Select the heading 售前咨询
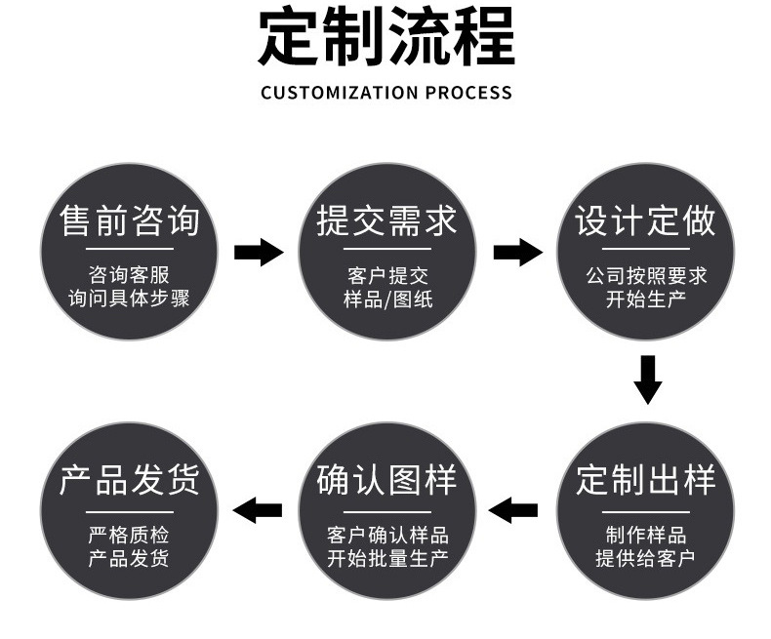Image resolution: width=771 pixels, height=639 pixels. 130,220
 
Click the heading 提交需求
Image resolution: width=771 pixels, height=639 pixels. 387,220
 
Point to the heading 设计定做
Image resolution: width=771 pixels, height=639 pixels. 645,220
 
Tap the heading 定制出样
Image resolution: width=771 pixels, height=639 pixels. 645,480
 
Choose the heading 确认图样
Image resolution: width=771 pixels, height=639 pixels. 387,480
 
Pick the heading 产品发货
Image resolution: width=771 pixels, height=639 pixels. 130,480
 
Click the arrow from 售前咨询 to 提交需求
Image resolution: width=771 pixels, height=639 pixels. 259,253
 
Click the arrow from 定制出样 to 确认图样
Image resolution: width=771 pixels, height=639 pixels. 513,509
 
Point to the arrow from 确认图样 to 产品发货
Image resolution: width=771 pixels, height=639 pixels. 258,509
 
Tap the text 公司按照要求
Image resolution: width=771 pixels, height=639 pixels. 645,276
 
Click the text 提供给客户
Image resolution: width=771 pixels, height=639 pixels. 645,558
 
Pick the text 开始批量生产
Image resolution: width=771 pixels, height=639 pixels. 387,558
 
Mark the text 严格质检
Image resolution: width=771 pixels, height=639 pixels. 129,536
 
